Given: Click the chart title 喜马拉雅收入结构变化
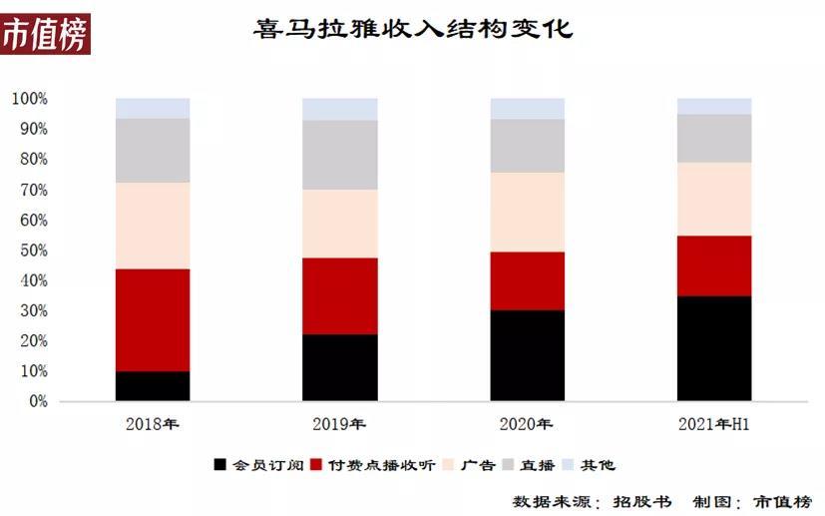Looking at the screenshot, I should coord(413,30).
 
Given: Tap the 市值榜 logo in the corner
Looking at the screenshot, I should coord(45,35).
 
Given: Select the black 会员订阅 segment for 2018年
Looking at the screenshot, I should coord(153,386).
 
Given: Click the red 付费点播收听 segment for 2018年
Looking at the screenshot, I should coord(153,320).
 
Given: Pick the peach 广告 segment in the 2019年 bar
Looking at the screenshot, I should coord(340,224).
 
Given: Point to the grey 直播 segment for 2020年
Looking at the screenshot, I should coord(527,146).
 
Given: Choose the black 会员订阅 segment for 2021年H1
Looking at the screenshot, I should coord(714,348).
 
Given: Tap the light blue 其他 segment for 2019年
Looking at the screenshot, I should coord(340,109).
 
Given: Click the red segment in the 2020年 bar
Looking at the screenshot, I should coord(527,280).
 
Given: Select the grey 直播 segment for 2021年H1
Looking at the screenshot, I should coord(714,138).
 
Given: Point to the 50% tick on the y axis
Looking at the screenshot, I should coord(29,251).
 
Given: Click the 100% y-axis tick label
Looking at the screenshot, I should coord(29,99).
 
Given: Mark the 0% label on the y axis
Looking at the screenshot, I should coord(35,401).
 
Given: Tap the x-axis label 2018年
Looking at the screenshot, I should coord(153,424).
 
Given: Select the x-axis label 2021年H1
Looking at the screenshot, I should coord(714,424).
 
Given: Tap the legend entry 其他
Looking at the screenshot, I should coord(599,465).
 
